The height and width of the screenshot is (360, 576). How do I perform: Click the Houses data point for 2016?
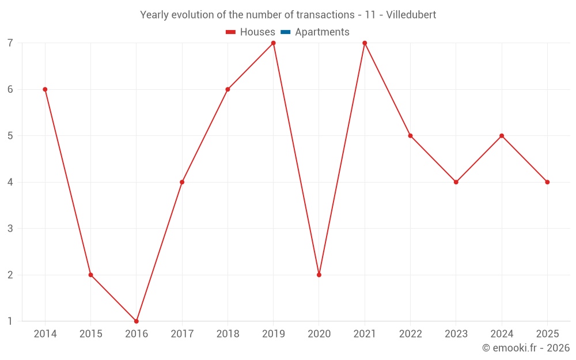[x=137, y=321]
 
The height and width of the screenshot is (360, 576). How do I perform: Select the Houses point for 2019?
[x=274, y=43]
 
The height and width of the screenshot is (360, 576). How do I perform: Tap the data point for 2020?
[x=319, y=275]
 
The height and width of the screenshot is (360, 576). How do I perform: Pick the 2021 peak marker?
[x=365, y=43]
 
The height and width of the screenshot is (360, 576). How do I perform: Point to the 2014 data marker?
[x=45, y=89]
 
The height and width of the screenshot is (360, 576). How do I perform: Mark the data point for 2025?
[x=547, y=182]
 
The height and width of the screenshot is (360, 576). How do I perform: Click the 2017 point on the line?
[x=182, y=182]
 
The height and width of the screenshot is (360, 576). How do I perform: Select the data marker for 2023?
[x=456, y=182]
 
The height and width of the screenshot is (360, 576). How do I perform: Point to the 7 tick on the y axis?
[x=10, y=43]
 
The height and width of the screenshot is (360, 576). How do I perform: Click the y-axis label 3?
[x=10, y=229]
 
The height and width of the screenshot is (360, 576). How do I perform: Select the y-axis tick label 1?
[x=10, y=321]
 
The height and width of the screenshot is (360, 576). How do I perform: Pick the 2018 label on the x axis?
[x=228, y=334]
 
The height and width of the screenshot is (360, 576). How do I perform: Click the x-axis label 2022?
[x=410, y=334]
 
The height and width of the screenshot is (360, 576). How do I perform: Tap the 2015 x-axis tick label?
[x=90, y=334]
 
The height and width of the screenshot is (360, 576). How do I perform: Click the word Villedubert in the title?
[x=411, y=15]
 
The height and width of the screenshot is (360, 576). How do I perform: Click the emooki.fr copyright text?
[x=526, y=348]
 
